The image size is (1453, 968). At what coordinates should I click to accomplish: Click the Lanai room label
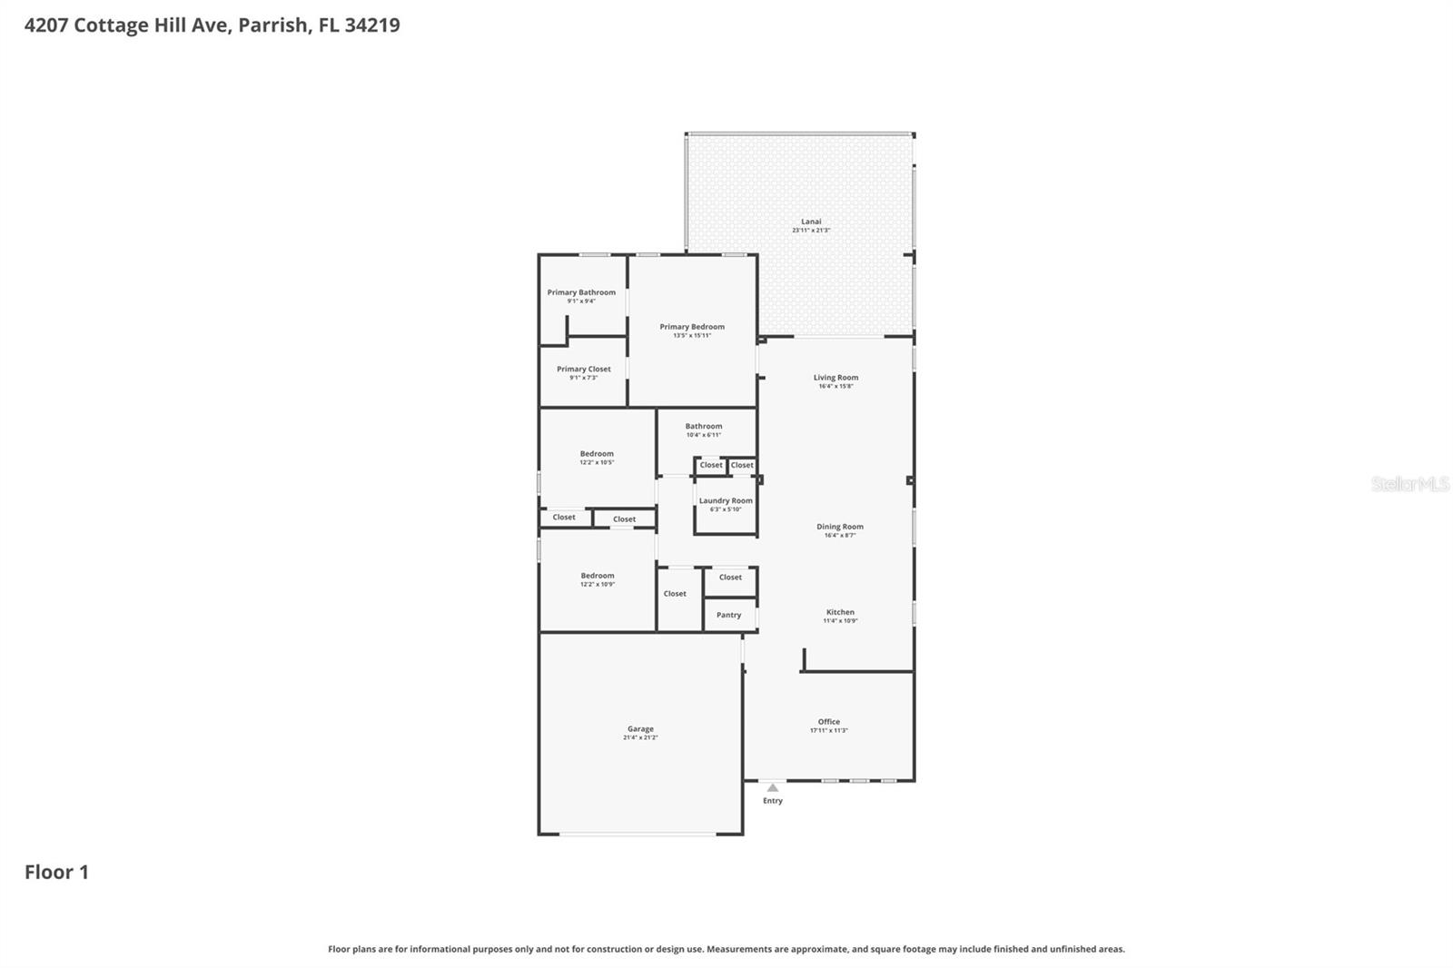click(811, 222)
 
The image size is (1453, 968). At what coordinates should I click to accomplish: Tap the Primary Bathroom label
click(581, 292)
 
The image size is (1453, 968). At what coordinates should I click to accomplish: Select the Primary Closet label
click(584, 370)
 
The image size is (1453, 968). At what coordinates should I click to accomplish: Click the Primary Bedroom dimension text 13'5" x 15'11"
click(692, 336)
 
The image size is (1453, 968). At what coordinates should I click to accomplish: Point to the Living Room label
click(835, 378)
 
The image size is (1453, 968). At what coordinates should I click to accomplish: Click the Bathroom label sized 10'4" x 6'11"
click(704, 427)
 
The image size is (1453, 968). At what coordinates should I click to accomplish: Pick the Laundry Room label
click(726, 501)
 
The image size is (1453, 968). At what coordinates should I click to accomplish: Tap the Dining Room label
click(840, 527)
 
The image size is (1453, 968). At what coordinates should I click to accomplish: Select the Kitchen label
click(840, 612)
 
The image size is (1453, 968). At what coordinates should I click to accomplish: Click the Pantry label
click(728, 616)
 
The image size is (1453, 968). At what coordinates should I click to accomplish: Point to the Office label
click(828, 722)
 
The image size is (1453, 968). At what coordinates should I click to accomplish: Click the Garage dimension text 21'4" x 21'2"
click(640, 737)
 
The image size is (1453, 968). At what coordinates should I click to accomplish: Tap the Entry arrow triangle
click(772, 787)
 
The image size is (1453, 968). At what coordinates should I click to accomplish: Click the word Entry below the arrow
click(772, 801)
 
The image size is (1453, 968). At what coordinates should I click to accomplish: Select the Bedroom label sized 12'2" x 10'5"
click(597, 454)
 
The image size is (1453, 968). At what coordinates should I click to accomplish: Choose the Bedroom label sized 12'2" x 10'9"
click(598, 576)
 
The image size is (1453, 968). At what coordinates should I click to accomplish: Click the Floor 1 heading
click(56, 872)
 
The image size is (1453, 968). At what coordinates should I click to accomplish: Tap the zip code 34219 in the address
click(372, 25)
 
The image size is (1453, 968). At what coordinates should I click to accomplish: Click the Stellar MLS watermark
click(1409, 484)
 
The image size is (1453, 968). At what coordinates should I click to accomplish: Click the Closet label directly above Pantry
click(730, 578)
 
